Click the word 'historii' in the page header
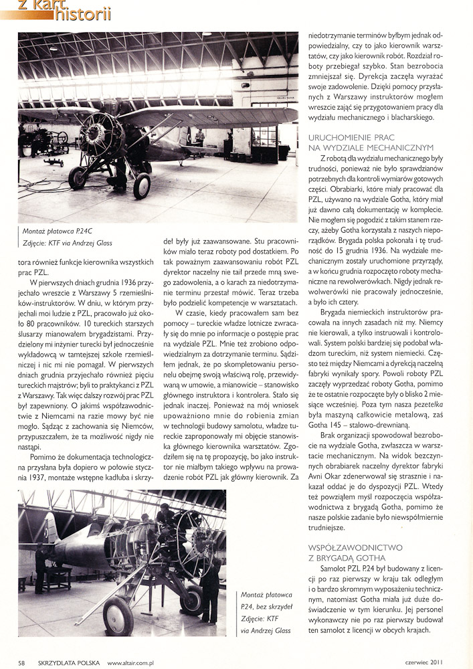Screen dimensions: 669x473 (83, 13)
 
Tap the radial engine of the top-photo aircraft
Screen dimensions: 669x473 (101, 134)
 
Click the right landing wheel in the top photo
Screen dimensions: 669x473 (142, 185)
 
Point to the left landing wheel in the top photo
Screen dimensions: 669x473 (78, 178)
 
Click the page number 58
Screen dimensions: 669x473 (22, 662)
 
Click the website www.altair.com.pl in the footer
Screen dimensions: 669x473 (131, 662)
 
